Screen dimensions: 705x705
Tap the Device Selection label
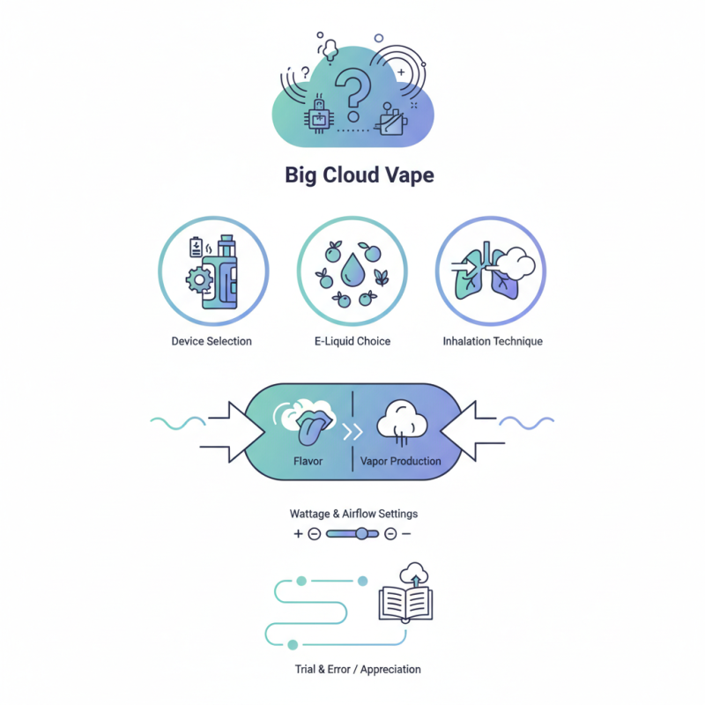click(x=211, y=341)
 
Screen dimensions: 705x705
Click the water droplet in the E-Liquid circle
click(x=353, y=270)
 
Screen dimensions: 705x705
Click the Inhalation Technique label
click(x=493, y=341)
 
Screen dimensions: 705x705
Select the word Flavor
click(x=308, y=461)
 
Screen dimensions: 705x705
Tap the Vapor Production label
click(x=401, y=461)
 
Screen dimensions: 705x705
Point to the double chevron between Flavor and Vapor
click(x=352, y=433)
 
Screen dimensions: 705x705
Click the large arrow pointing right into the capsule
click(x=234, y=432)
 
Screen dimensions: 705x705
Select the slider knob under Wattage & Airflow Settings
click(x=361, y=534)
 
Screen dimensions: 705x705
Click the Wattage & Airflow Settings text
click(x=352, y=514)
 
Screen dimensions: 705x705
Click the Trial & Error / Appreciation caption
click(x=358, y=669)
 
